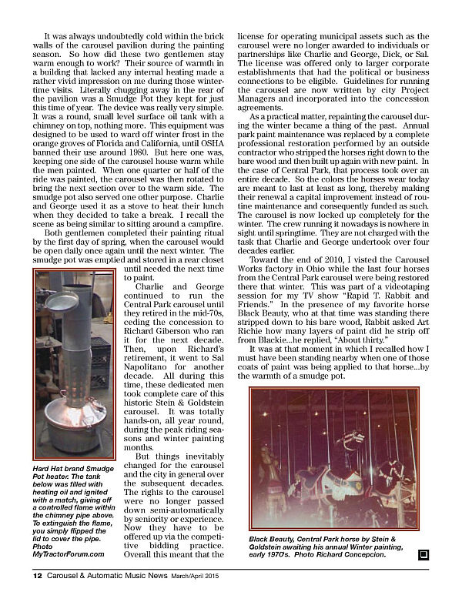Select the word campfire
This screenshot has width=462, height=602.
click(x=203, y=219)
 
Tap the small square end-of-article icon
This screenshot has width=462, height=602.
click(x=423, y=554)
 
